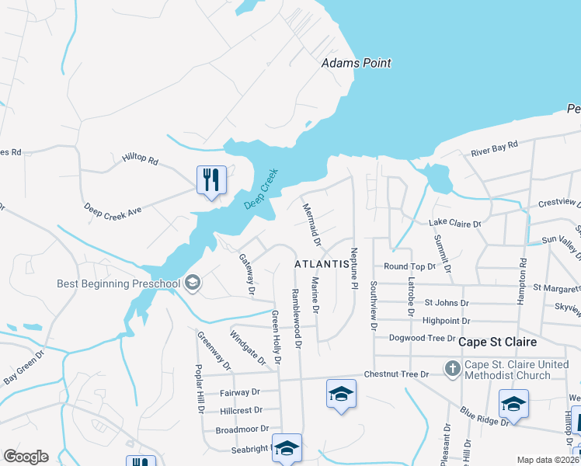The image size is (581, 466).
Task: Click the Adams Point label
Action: [357, 63]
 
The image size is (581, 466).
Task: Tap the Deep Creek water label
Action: [261, 189]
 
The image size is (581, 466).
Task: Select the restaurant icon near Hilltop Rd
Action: [211, 179]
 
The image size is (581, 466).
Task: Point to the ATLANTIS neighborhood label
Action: [320, 264]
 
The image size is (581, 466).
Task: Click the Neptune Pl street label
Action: [353, 269]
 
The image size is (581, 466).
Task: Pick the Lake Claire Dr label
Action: [455, 223]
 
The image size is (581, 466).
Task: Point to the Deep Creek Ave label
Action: [113, 210]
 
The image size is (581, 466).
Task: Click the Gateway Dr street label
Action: [247, 275]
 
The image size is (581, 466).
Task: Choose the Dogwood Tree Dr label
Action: [423, 338]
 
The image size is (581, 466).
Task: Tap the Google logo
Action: [26, 457]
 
